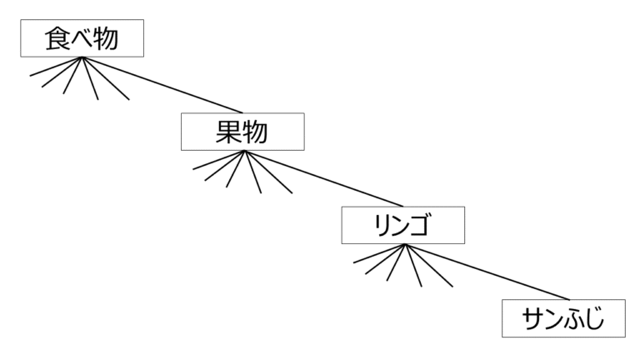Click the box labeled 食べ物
tap(82, 38)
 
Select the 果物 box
tap(242, 132)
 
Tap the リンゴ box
tap(402, 225)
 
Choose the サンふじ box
tap(562, 318)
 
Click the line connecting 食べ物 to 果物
tap(162, 85)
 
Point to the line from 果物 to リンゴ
tap(322, 178)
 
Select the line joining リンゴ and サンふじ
tap(483, 272)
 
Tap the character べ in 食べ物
tap(82, 39)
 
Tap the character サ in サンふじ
tap(532, 318)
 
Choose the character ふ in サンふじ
tap(572, 318)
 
